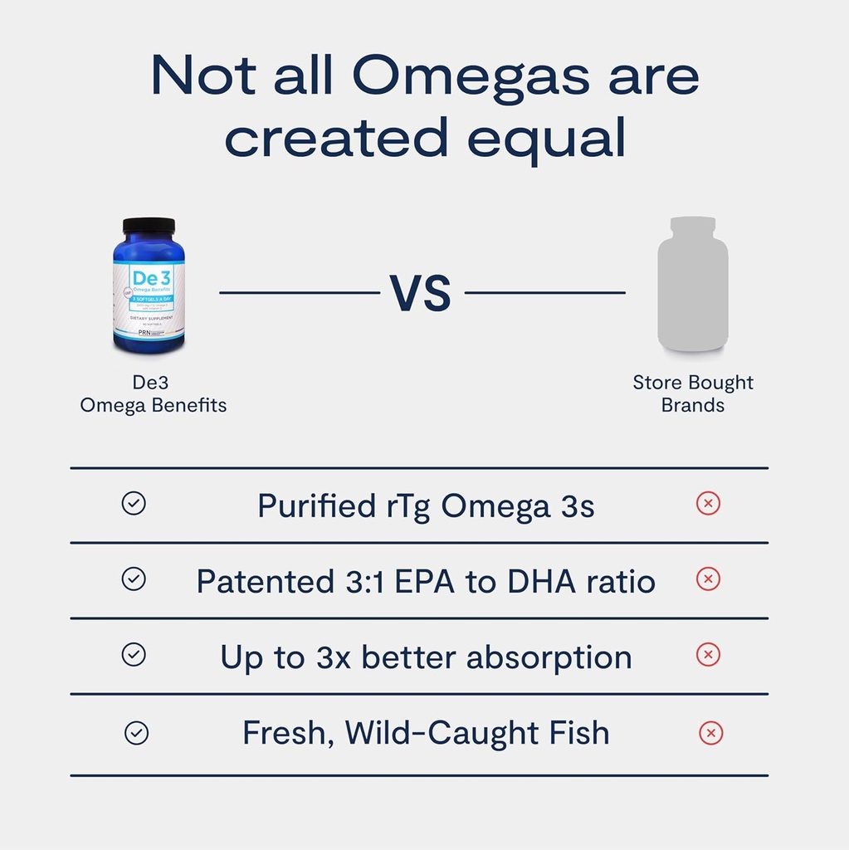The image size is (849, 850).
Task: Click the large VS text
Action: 421,293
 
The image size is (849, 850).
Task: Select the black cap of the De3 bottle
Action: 149,225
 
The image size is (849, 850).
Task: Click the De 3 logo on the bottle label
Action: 149,276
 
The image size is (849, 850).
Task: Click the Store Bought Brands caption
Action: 692,393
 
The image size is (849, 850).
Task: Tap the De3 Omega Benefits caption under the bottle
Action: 153,393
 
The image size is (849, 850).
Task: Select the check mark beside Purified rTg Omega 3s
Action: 134,504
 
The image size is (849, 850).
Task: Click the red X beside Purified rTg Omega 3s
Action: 708,504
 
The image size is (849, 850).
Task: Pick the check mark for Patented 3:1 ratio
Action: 134,579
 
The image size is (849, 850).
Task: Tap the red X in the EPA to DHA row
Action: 708,579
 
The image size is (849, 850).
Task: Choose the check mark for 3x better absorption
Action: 134,655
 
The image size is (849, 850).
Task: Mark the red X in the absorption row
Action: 708,655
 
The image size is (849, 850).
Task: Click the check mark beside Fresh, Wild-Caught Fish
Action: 136,733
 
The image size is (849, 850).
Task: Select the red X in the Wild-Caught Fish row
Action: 710,733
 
